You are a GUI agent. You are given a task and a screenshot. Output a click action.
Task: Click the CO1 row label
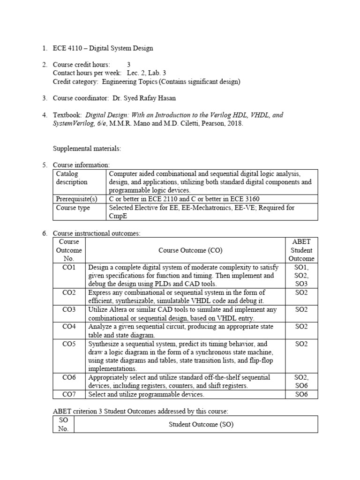click(69, 267)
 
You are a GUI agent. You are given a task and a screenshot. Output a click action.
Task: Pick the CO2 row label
click(69, 292)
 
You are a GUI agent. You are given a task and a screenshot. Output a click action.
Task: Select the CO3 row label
click(69, 309)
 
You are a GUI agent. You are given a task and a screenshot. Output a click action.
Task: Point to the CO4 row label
click(69, 326)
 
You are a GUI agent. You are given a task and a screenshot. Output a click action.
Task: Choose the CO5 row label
click(69, 344)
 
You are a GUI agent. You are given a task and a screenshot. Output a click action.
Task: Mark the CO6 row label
click(69, 377)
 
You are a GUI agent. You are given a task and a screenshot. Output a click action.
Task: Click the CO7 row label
click(69, 394)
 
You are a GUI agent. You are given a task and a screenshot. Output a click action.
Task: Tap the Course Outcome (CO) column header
click(185, 250)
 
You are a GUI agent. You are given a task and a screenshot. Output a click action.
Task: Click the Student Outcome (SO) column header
click(196, 425)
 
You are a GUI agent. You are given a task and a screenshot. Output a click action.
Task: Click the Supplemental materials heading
click(87, 149)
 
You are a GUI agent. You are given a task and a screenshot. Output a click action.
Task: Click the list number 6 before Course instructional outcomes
click(45, 233)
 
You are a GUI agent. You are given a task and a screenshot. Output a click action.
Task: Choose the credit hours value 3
click(129, 65)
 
